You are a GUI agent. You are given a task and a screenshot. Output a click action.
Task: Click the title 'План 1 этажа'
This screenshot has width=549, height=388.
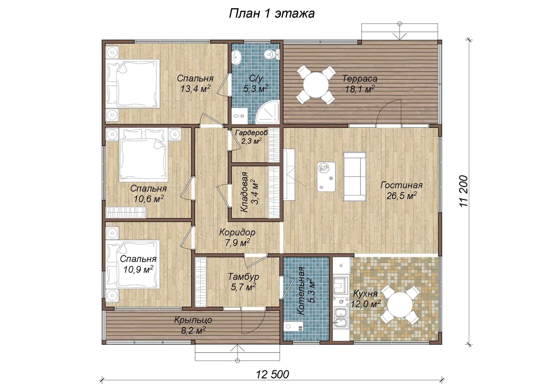coord(272,14)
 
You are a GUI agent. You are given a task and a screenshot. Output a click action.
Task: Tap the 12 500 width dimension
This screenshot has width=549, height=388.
coord(272,375)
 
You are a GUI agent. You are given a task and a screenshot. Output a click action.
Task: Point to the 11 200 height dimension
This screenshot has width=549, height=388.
coord(464,191)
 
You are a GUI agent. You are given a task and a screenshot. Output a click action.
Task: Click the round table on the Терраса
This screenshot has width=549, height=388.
coord(316,84)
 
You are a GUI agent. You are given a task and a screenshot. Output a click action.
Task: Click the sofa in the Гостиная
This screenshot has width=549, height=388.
coord(355,176)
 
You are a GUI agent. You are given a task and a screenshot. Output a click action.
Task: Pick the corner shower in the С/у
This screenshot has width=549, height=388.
coord(268,113)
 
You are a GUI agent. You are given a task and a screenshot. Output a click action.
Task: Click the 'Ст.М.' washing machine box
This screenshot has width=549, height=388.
coord(239,116)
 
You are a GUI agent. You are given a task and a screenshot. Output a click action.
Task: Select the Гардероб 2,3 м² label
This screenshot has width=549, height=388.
coord(251,137)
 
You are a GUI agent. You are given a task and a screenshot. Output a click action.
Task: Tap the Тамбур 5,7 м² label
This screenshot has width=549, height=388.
coord(243,282)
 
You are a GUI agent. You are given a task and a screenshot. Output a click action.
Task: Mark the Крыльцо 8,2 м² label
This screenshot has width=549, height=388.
coord(193,325)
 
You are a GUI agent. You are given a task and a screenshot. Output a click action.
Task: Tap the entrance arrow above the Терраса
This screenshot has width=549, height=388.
coord(399,31)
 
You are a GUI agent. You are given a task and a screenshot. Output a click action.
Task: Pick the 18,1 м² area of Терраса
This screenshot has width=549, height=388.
coord(360,89)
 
